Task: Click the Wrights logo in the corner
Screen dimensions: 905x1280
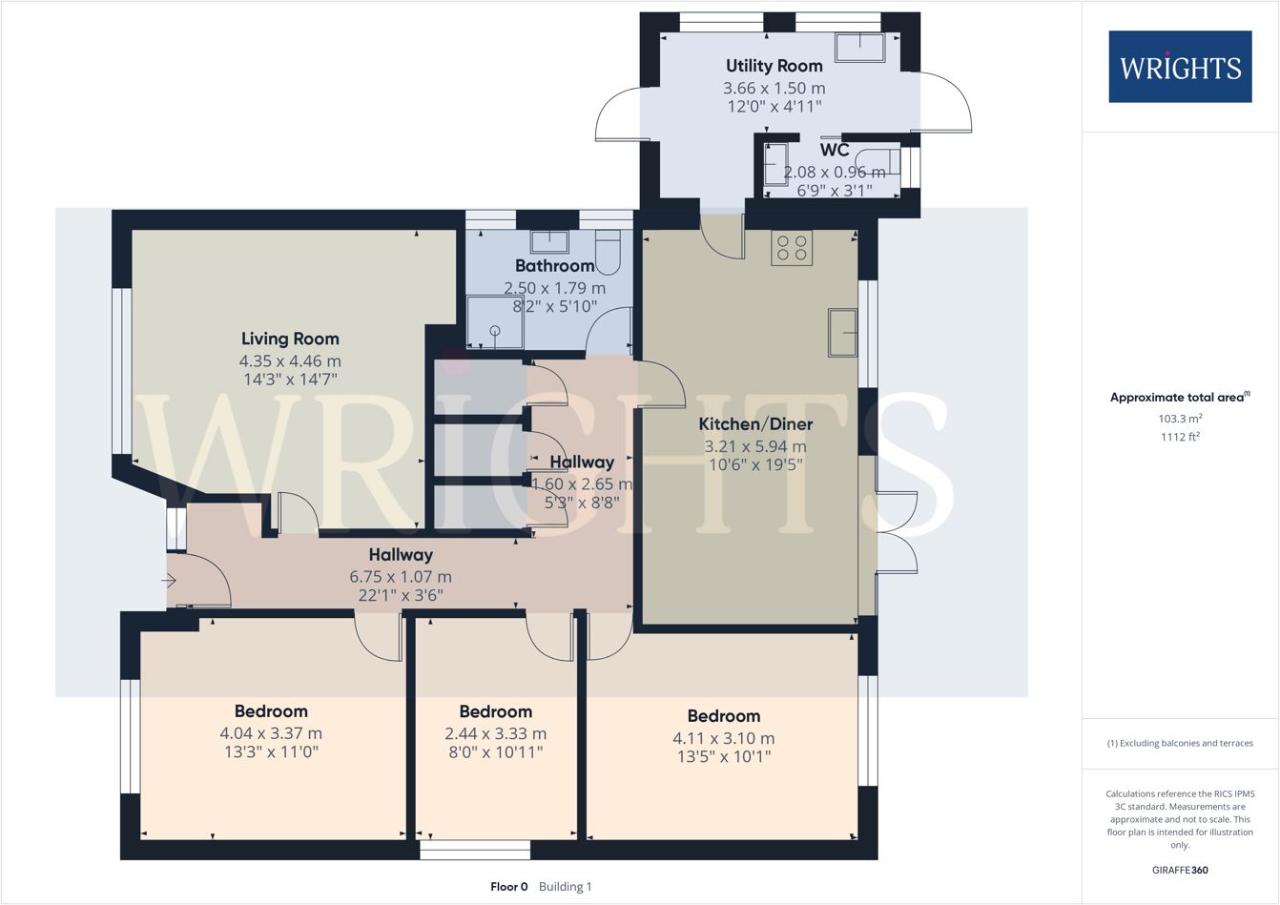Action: click(1180, 67)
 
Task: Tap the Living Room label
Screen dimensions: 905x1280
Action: click(290, 339)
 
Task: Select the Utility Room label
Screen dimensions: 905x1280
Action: click(774, 66)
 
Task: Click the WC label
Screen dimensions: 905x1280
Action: click(835, 151)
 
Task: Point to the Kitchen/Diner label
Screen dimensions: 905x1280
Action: click(755, 424)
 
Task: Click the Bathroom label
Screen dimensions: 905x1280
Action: click(554, 266)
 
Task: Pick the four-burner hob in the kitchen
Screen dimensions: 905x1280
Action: click(792, 248)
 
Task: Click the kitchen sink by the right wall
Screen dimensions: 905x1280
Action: click(843, 333)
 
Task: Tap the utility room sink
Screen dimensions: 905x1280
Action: click(860, 47)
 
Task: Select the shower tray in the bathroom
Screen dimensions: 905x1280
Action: click(495, 322)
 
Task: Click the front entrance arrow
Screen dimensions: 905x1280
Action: click(169, 580)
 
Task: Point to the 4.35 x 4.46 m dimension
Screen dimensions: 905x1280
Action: click(290, 361)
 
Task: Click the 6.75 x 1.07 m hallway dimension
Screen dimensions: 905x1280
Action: click(401, 577)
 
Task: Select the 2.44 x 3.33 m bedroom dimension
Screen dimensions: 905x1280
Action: click(495, 734)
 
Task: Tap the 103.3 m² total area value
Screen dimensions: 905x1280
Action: click(1180, 419)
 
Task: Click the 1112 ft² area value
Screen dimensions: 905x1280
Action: click(1180, 438)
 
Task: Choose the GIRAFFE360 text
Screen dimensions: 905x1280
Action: click(1180, 870)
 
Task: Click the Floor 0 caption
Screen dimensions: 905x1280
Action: click(508, 887)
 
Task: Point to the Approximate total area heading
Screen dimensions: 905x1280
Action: click(1179, 398)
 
